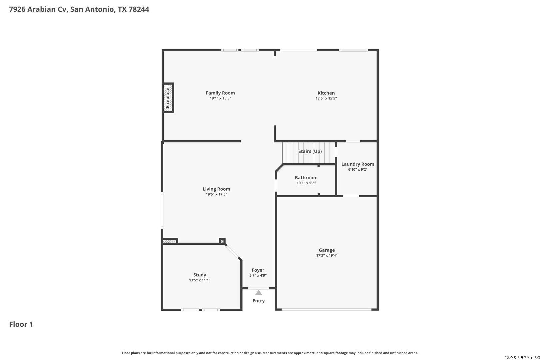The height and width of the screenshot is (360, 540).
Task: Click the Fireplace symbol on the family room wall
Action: click(x=168, y=98)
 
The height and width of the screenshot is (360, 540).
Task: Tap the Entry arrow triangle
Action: click(x=258, y=293)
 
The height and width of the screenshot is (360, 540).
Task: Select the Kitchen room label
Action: click(x=326, y=93)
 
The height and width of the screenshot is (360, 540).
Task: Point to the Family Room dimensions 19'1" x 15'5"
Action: click(x=220, y=98)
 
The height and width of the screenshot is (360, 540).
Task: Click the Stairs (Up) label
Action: click(x=310, y=151)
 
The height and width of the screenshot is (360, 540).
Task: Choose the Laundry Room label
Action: click(x=358, y=164)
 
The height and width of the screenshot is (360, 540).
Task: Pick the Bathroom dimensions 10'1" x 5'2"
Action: click(x=306, y=183)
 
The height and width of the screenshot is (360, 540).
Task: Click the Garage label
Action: click(x=327, y=250)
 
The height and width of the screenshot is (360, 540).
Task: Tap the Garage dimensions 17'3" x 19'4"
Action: click(x=327, y=255)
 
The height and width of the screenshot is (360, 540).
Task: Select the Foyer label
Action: click(x=258, y=270)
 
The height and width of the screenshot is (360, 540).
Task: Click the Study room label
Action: click(x=200, y=275)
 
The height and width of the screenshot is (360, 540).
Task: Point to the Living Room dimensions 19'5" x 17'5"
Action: click(x=216, y=194)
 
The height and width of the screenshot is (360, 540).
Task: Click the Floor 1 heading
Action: click(x=21, y=324)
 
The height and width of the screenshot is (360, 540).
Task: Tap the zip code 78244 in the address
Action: click(x=139, y=9)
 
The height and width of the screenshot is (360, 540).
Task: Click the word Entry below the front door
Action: click(x=258, y=301)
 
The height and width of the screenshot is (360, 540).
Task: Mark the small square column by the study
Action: click(x=222, y=241)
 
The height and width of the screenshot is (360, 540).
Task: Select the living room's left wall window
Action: click(x=162, y=210)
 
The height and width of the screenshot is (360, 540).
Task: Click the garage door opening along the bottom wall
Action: click(x=326, y=309)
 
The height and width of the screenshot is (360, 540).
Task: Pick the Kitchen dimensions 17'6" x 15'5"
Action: click(x=326, y=98)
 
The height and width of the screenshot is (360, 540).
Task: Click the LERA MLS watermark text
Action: click(x=522, y=357)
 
